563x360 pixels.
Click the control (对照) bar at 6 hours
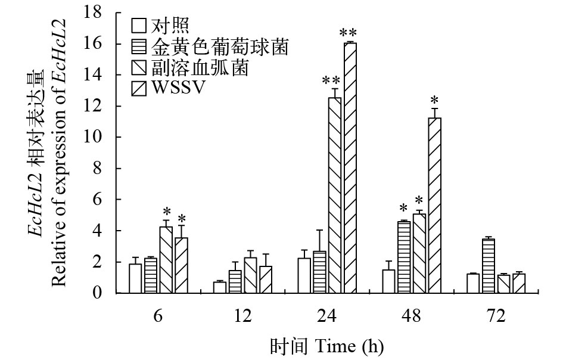[135, 278]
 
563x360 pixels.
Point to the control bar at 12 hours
[220, 287]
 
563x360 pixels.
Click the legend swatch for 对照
[139, 26]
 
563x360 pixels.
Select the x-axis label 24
[328, 315]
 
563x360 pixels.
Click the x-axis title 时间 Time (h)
[326, 346]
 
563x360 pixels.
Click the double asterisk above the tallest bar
[349, 32]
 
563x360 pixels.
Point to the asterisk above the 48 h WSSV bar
[435, 100]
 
